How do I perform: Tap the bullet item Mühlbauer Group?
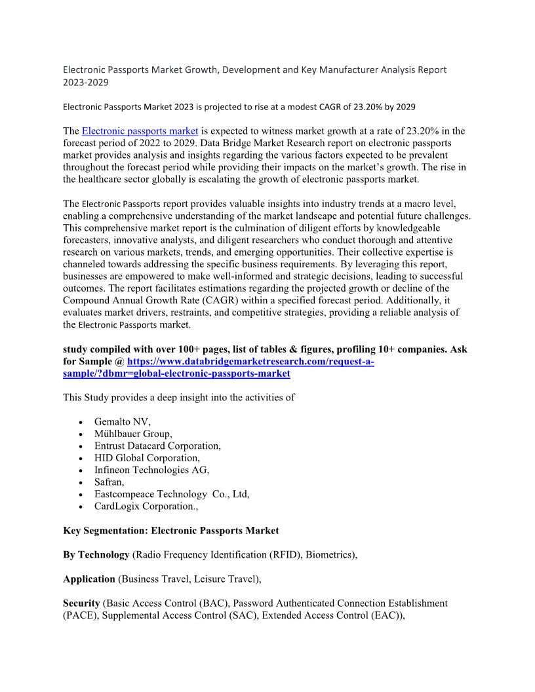pos(133,434)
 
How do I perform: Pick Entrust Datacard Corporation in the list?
pos(157,446)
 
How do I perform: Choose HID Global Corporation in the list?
pos(147,457)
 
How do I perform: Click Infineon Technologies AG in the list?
pos(151,470)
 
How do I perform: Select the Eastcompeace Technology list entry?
pos(172,494)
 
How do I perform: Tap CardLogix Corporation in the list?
pos(146,506)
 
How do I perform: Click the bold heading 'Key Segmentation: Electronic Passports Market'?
pos(171,530)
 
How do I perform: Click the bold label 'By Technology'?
pos(96,554)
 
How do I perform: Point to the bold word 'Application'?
pos(89,579)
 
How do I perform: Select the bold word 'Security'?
pos(81,603)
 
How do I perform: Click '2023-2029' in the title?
pos(86,83)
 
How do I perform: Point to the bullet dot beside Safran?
pos(79,482)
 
